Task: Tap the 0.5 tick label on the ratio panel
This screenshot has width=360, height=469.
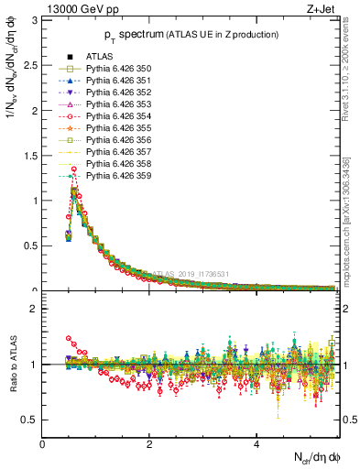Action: coord(30,420)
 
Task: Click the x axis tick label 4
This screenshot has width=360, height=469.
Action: coord(256,444)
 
